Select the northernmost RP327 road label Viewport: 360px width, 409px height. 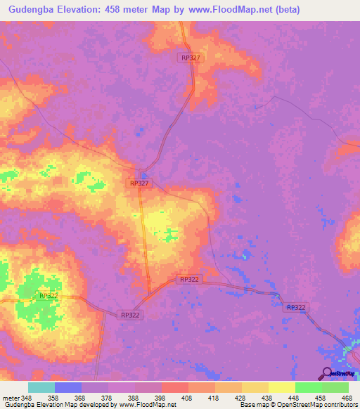click(x=190, y=59)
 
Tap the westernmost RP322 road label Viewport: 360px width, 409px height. click(x=49, y=296)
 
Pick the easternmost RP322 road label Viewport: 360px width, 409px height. click(x=296, y=307)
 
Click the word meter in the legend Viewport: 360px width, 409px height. click(x=11, y=397)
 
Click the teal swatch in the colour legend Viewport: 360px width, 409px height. click(x=41, y=387)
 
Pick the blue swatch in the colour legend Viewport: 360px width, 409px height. click(x=68, y=387)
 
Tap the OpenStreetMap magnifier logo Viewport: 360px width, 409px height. click(x=327, y=373)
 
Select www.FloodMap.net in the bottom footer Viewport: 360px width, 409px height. click(x=148, y=405)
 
